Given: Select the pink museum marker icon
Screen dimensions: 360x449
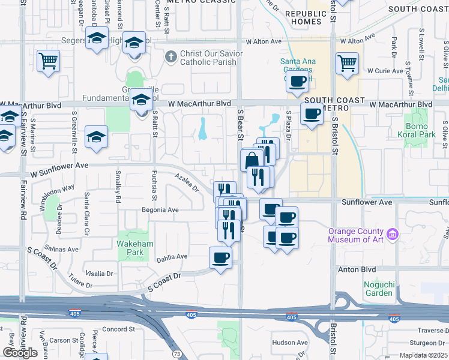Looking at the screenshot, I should (x=393, y=233).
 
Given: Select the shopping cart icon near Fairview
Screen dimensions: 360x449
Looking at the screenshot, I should (x=48, y=60).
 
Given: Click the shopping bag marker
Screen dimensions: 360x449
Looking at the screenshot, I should (x=252, y=160).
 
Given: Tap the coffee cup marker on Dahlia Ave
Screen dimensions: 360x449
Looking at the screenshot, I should (x=220, y=258).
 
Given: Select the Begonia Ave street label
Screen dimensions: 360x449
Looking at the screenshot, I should (x=160, y=210).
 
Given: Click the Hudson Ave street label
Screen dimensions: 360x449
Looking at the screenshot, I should (x=289, y=343).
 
